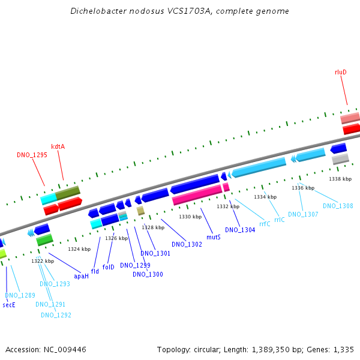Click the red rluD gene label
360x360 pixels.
(340, 72)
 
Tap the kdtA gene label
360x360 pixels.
(58, 146)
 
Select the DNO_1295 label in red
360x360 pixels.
(32, 155)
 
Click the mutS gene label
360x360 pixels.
(214, 237)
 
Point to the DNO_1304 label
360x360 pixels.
(240, 230)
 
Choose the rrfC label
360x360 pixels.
(265, 224)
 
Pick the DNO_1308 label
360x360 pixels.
(338, 206)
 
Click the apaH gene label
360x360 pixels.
(81, 276)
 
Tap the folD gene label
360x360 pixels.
(108, 267)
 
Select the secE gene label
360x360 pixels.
(9, 305)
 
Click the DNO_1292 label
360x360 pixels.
(56, 315)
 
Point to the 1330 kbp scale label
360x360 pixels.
(190, 217)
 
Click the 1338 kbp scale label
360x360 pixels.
(340, 179)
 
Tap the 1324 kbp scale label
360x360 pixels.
(79, 249)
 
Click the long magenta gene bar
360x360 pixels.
(197, 194)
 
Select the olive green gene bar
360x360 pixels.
(68, 193)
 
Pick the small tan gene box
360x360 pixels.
(140, 211)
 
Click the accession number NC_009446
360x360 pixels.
(65, 350)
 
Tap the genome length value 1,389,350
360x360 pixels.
(271, 350)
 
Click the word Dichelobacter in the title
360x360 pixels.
(98, 11)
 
